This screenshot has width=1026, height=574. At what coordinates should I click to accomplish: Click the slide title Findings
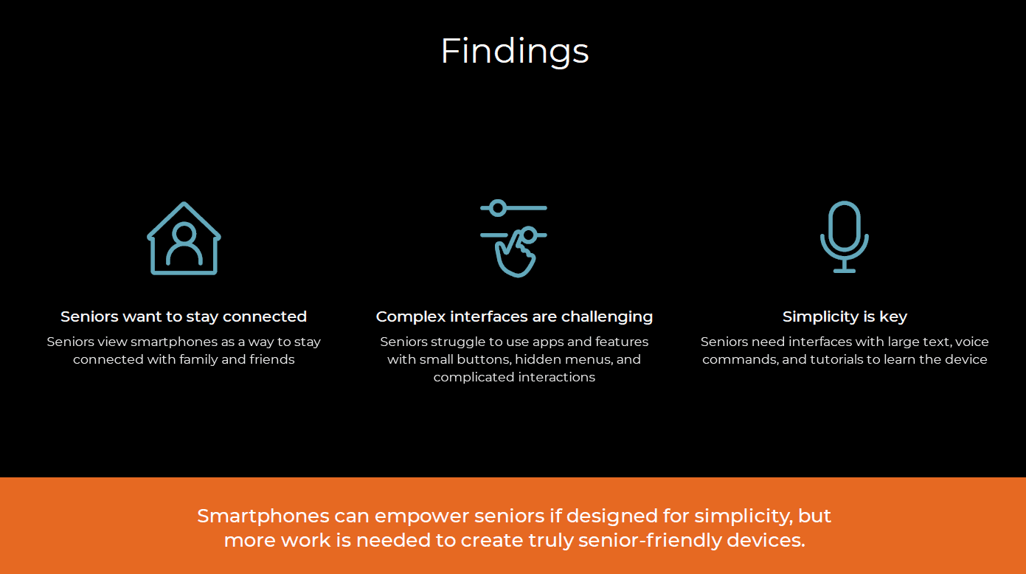tap(514, 52)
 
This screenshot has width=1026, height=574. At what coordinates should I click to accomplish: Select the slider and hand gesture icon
tap(514, 238)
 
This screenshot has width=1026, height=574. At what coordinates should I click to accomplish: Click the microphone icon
tap(844, 237)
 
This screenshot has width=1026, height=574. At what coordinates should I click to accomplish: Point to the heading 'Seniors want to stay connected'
tap(184, 317)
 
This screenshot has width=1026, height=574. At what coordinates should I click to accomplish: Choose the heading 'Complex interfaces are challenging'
tap(514, 317)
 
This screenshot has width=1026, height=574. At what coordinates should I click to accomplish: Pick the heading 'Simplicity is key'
tap(845, 317)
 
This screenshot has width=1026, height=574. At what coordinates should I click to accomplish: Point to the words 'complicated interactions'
tap(514, 378)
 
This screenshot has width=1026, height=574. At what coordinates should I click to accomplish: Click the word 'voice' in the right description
tap(971, 342)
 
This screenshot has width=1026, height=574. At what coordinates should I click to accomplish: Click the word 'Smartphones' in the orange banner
tap(263, 516)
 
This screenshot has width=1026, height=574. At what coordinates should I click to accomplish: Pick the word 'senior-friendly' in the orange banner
tap(650, 541)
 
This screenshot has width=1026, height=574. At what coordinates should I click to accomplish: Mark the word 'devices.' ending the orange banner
tap(766, 541)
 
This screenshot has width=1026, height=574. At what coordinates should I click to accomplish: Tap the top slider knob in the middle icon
tap(498, 208)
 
